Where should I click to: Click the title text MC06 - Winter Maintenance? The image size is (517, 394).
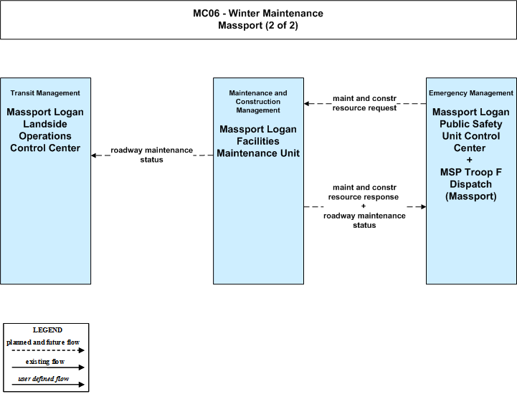258,13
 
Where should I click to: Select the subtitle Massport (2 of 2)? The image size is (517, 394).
258,25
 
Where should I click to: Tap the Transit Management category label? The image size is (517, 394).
45,93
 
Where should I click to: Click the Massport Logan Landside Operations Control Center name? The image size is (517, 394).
45,130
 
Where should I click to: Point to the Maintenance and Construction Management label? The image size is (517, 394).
258,102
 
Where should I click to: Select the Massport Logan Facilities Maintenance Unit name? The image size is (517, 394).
258,141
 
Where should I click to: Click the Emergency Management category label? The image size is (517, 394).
471,93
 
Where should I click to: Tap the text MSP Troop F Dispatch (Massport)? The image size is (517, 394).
471,184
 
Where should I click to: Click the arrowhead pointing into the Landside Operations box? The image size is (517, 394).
94,155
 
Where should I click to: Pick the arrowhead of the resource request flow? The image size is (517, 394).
307,103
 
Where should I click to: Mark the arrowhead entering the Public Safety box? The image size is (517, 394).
423,206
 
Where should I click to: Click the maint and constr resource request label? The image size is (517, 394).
364,103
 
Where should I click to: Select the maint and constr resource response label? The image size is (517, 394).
364,192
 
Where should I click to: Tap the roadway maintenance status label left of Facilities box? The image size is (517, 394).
152,155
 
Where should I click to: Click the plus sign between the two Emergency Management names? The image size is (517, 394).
470,160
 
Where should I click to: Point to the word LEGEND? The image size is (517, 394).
47,330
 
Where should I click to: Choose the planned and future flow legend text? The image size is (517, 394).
43,342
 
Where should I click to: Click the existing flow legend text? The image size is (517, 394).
45,361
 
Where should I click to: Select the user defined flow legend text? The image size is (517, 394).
44,379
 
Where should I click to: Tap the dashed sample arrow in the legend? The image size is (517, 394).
48,350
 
